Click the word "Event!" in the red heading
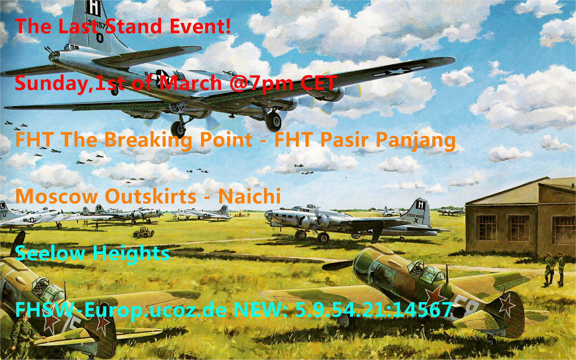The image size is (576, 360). pos(200,26)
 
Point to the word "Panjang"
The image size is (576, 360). pos(416,140)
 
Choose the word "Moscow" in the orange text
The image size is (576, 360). pos(57,197)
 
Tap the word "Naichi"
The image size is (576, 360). pos(249,197)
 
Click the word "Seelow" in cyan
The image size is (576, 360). pos(50,253)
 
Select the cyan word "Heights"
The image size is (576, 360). pos(131,253)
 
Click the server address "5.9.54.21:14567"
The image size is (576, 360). pos(374,310)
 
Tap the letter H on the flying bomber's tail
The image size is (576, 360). pos(93,8)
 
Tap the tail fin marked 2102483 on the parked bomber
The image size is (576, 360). pos(420,212)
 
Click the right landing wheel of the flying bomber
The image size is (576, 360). pos(273,122)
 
